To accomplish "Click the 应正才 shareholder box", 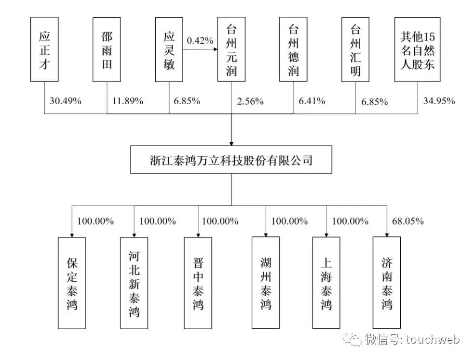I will (44, 49).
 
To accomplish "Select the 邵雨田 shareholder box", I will (107, 49).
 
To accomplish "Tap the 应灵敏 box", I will (169, 49).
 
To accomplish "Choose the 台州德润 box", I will (294, 49).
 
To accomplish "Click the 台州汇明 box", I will (355, 49).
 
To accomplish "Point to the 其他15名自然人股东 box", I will (418, 49).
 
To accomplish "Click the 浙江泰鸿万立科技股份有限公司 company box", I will (231, 160).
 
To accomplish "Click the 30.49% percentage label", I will (66, 101).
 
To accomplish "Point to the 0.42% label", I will (200, 41).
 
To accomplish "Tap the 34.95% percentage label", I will (439, 101).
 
